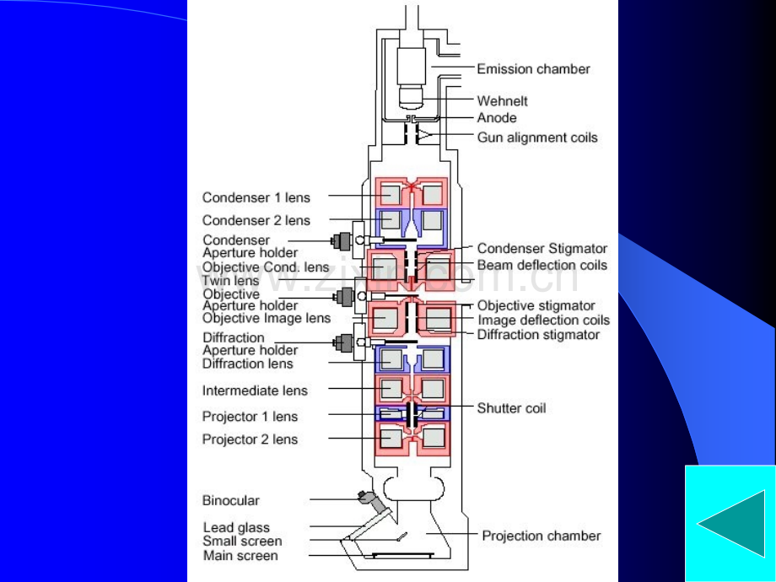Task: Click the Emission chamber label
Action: tap(533, 69)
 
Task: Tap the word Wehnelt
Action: tap(502, 101)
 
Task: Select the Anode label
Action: tap(496, 118)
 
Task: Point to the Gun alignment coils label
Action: tap(537, 137)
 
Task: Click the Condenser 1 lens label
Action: tap(256, 197)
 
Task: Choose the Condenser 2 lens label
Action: tap(256, 220)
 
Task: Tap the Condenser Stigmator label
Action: tap(542, 249)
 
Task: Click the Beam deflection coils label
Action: tap(542, 265)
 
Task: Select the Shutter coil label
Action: tap(511, 408)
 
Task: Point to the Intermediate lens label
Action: tap(255, 391)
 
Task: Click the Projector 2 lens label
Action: tap(250, 439)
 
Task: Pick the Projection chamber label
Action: tap(541, 536)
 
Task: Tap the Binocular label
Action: tap(230, 500)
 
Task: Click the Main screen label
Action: tap(240, 556)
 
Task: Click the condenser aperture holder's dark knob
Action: tap(342, 241)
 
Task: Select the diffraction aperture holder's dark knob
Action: tap(343, 342)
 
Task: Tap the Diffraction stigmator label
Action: tap(538, 335)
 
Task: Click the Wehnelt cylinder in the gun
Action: tap(411, 96)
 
